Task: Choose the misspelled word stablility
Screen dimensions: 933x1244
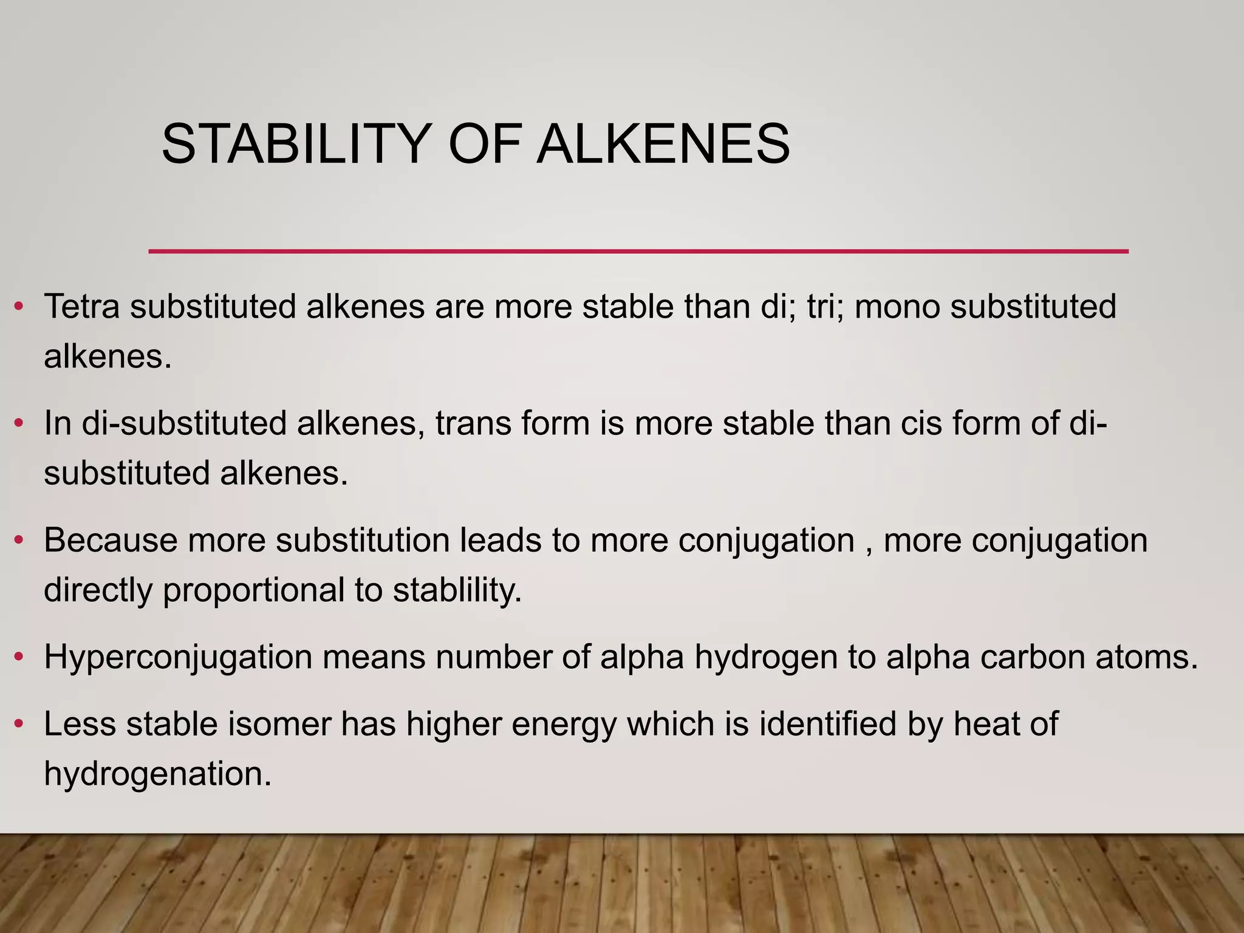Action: (457, 589)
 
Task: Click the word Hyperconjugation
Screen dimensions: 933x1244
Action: (178, 657)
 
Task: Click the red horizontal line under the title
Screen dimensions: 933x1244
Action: (638, 251)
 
